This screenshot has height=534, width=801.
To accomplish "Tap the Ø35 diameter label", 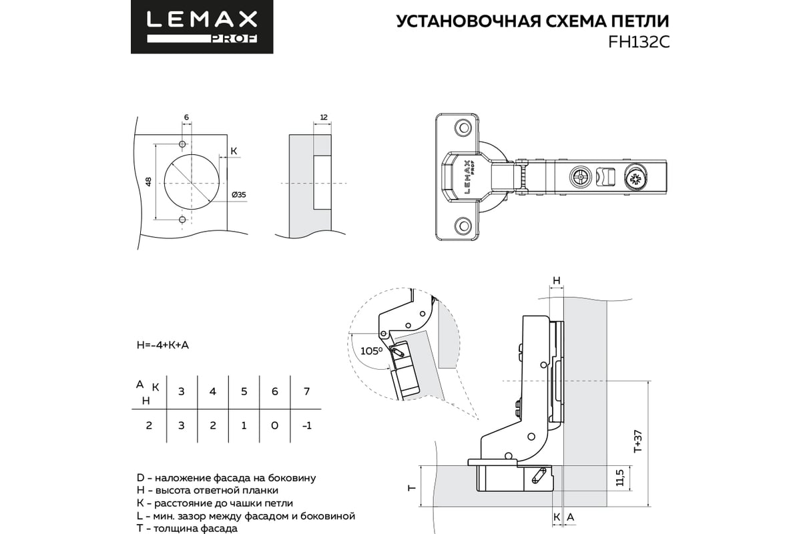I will [x=239, y=194].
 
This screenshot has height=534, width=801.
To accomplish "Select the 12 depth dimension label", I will [x=323, y=117].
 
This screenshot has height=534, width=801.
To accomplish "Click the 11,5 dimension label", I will [x=620, y=477].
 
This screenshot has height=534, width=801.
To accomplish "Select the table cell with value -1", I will [x=306, y=426].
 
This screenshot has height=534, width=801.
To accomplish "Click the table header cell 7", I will [x=306, y=391].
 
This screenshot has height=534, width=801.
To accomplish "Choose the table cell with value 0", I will [x=275, y=426].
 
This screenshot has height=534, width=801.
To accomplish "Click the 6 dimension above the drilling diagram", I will [x=186, y=117].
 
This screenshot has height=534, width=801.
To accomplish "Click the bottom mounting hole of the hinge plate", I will [x=461, y=226].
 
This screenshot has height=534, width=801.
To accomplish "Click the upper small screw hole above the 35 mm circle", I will [x=182, y=144].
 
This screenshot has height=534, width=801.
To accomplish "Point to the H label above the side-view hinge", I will [x=556, y=280].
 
